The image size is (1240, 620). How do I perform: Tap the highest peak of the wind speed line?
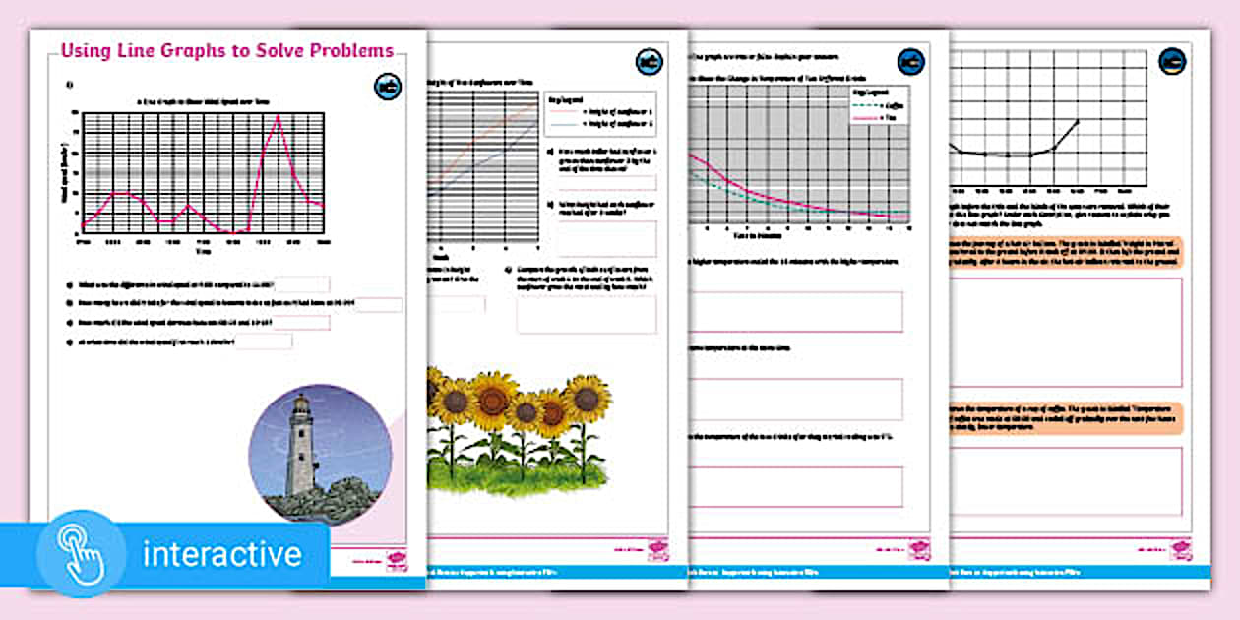[279, 116]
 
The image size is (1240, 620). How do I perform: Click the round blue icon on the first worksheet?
[388, 87]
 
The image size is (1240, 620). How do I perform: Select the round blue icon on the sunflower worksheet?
[650, 62]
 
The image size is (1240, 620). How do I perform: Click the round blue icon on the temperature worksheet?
[911, 61]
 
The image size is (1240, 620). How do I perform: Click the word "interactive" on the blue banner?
[221, 554]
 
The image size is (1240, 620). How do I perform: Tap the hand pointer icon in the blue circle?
[81, 553]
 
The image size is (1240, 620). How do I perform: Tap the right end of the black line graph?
[1078, 120]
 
